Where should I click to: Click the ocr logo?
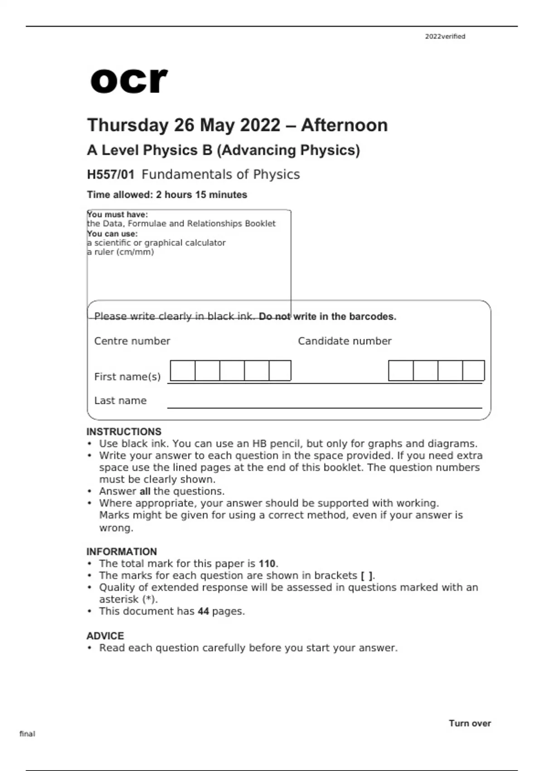pyautogui.click(x=129, y=81)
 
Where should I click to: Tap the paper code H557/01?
pyautogui.click(x=111, y=175)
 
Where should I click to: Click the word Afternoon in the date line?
pyautogui.click(x=344, y=125)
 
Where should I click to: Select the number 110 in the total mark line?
pyautogui.click(x=267, y=564)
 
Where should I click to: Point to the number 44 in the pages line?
pyautogui.click(x=203, y=611)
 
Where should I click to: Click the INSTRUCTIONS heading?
pyautogui.click(x=124, y=432)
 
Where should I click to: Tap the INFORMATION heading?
pyautogui.click(x=121, y=551)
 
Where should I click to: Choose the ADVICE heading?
pyautogui.click(x=105, y=636)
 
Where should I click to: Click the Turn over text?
pyautogui.click(x=470, y=723)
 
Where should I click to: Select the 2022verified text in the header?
pyautogui.click(x=445, y=37)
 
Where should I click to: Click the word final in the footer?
pyautogui.click(x=27, y=734)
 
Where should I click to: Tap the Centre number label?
pyautogui.click(x=132, y=341)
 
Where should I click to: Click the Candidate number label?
pyautogui.click(x=345, y=341)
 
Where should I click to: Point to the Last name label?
pyautogui.click(x=120, y=401)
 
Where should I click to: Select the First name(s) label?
pyautogui.click(x=127, y=377)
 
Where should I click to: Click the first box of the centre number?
pyautogui.click(x=183, y=371)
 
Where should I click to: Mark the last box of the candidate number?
pyautogui.click(x=473, y=371)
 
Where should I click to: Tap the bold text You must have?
pyautogui.click(x=117, y=215)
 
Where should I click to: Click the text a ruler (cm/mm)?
pyautogui.click(x=121, y=252)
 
